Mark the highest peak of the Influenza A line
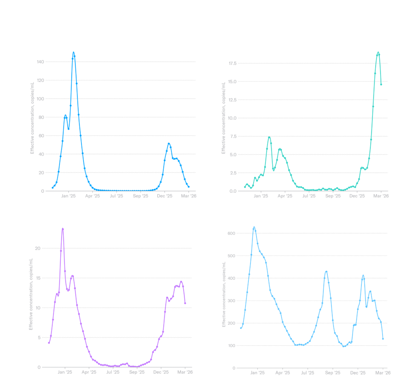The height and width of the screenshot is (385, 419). (x=74, y=52)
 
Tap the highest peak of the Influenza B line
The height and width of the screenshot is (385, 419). (x=378, y=53)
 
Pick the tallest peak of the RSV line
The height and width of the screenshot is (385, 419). (x=63, y=229)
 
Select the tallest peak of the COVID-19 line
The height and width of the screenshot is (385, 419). (x=254, y=227)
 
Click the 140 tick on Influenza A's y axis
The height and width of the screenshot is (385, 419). (x=41, y=62)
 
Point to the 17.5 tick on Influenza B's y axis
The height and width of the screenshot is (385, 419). (x=232, y=63)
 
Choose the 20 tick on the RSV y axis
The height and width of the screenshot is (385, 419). (x=39, y=248)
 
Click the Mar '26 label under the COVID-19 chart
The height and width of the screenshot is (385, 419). (x=382, y=373)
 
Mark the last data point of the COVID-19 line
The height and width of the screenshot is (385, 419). (x=383, y=339)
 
